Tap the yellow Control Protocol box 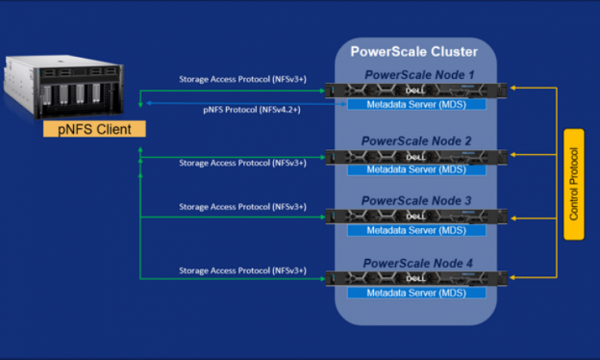(x=573, y=184)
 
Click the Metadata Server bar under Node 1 (x=415, y=104)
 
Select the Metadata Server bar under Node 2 (x=415, y=170)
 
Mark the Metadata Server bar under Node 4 (x=415, y=291)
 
